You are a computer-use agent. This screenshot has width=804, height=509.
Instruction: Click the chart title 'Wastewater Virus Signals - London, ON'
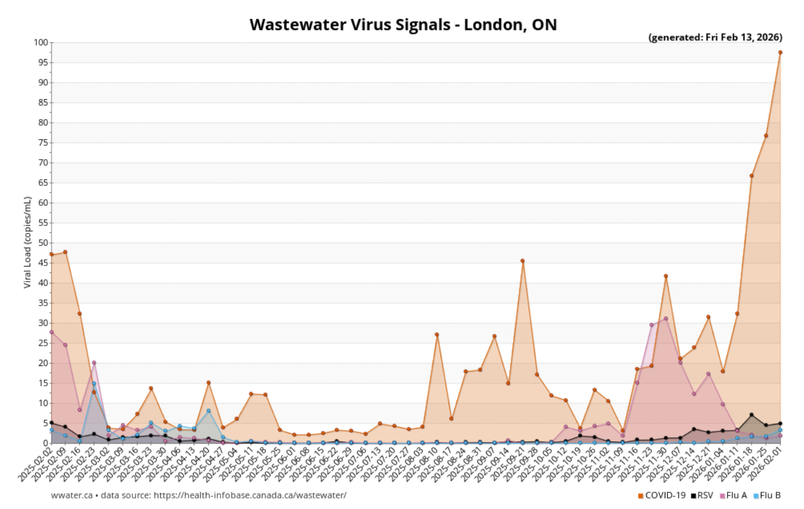403,25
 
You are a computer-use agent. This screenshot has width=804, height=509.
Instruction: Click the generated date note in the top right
715,38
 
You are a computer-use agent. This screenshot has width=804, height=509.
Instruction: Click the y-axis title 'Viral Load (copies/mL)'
28,242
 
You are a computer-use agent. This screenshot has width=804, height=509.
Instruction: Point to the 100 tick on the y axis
41,43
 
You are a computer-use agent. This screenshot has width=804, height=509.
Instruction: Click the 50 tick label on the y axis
43,243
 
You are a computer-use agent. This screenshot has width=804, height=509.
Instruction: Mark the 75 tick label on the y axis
43,143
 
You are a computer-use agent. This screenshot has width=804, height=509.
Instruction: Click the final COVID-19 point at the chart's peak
780,52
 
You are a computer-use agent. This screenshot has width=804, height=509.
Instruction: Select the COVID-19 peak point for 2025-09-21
522,261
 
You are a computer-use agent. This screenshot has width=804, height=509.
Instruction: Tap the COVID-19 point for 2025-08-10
437,335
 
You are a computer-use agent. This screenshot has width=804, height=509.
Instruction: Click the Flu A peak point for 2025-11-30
665,319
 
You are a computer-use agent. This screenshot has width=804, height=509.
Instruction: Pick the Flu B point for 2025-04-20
208,410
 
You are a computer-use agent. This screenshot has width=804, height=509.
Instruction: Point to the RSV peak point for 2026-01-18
751,415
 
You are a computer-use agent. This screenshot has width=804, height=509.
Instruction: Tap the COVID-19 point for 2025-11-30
665,276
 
